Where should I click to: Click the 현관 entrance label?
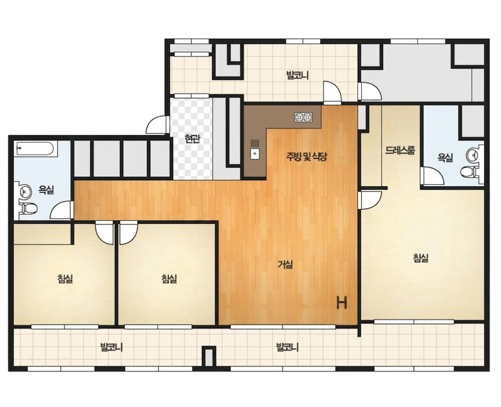[193, 139]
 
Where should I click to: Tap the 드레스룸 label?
[400, 150]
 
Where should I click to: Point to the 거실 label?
[285, 264]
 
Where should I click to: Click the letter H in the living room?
[342, 303]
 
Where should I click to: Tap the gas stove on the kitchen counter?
[303, 118]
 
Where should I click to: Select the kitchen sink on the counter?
[255, 154]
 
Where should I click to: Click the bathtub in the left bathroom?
[36, 148]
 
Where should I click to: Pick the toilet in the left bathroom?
[28, 208]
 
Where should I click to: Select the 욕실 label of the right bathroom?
[445, 157]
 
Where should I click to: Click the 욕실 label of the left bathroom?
[46, 190]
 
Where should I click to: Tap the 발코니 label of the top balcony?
[298, 75]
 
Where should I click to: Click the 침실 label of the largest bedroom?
[420, 258]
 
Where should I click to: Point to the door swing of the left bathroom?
[62, 210]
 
